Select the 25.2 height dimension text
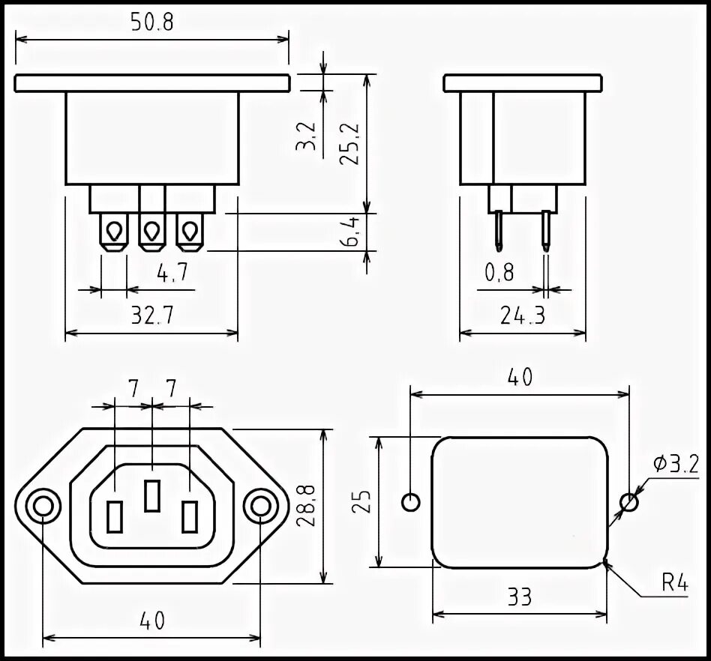click(x=352, y=142)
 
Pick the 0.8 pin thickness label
click(x=499, y=273)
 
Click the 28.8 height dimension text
click(x=306, y=507)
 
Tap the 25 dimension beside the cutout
click(x=362, y=501)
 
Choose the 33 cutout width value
click(x=519, y=597)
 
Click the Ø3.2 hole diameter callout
click(x=675, y=464)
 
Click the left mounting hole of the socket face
click(x=43, y=507)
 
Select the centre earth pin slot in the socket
click(x=152, y=495)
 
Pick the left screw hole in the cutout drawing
click(x=411, y=501)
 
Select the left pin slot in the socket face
click(x=115, y=516)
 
